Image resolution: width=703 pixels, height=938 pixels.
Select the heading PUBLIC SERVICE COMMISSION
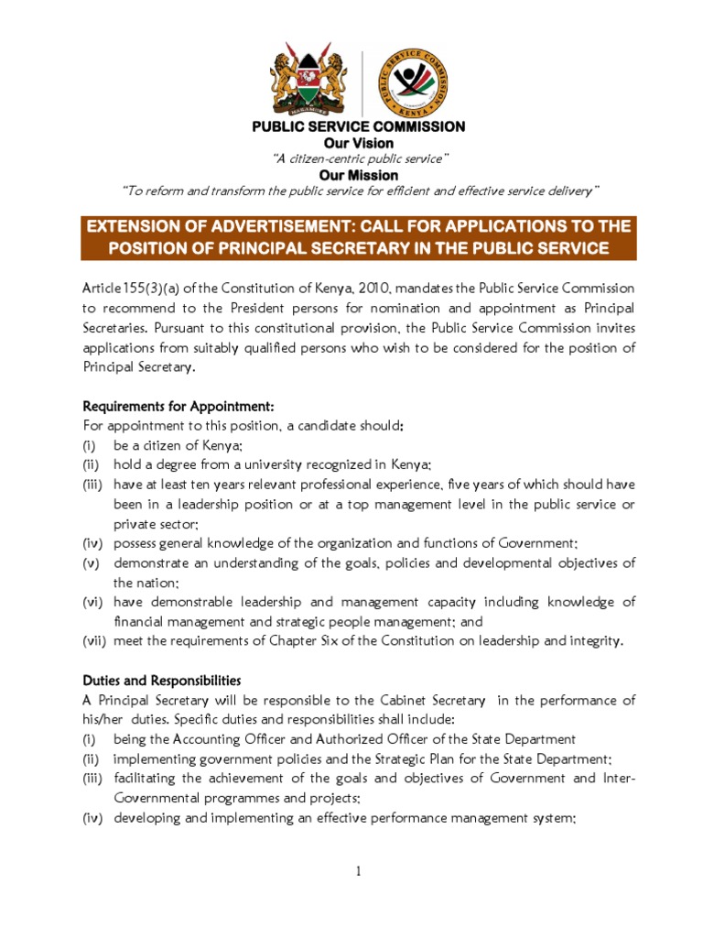[359, 126]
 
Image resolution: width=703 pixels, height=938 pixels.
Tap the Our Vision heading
[359, 143]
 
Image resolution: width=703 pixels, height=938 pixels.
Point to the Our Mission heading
[359, 175]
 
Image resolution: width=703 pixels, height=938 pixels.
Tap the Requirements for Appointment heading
[178, 406]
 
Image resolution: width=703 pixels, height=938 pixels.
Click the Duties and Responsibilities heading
[162, 681]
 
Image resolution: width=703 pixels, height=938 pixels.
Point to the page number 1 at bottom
[360, 871]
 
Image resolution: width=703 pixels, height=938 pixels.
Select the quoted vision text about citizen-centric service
[359, 159]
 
